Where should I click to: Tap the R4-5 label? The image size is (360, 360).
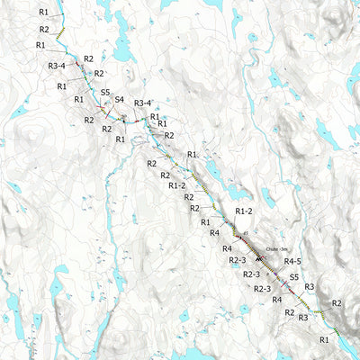coord(292,261)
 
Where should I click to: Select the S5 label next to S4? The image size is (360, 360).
coord(105,92)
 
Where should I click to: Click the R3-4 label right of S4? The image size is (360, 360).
coord(142,103)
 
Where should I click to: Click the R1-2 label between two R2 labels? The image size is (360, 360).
coord(177,185)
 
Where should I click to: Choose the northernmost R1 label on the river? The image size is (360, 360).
coord(44,12)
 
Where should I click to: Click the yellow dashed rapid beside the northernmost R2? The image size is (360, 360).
coord(61,33)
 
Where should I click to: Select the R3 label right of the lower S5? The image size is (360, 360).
coord(309,286)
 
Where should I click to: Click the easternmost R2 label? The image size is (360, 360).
coord(337,303)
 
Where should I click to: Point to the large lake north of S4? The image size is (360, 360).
coord(123,49)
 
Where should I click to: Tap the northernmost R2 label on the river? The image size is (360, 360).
coord(44,30)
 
